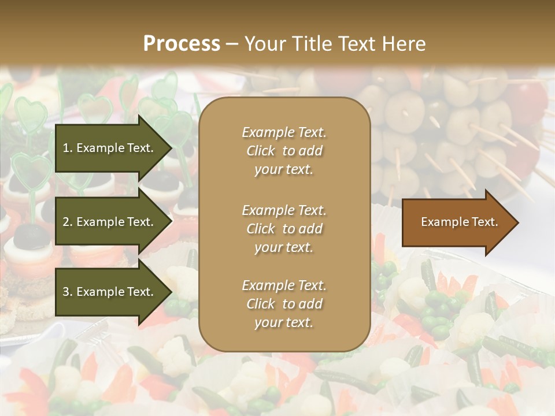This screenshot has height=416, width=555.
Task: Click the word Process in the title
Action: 182,44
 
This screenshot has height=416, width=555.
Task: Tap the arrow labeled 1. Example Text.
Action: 110,148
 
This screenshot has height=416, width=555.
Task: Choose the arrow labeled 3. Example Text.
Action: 110,292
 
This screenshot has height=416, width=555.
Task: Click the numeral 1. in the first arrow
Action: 67,148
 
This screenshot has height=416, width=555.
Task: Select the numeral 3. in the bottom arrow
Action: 67,292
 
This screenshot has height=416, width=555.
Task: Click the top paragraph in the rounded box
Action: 284,151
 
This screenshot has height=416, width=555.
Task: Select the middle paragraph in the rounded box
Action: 284,229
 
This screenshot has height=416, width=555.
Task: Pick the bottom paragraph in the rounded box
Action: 284,304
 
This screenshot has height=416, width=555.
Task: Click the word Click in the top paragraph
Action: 261,151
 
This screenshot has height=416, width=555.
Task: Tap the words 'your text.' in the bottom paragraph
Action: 284,323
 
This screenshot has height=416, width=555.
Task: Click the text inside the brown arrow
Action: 459,222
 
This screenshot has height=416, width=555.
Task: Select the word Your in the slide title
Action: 264,44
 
